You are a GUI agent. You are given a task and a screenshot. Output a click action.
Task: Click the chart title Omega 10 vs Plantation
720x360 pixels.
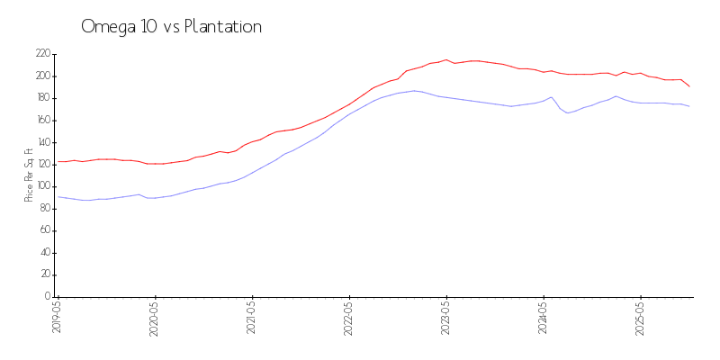(x=171, y=27)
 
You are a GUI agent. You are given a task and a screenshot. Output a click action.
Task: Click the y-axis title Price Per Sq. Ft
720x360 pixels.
(x=29, y=175)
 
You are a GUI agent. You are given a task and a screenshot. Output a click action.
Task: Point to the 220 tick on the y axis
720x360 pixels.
(x=42, y=54)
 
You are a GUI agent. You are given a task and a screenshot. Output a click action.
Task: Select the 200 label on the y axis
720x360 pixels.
(x=42, y=76)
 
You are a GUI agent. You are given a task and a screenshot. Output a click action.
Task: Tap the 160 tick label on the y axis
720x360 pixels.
(x=42, y=121)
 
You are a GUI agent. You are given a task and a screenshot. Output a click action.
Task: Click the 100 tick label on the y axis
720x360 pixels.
(x=42, y=186)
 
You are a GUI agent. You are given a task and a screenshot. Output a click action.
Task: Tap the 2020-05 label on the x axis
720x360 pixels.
(x=156, y=319)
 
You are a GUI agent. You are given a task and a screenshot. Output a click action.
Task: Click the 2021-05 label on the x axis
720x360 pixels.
(x=253, y=319)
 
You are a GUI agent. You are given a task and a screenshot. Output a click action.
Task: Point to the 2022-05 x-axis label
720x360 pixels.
(x=350, y=319)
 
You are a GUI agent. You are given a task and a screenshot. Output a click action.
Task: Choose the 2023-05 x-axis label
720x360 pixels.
(x=446, y=319)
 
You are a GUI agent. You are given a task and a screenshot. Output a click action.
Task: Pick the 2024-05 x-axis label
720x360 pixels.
(x=544, y=319)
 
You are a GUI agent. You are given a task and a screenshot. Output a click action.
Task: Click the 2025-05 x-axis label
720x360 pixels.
(x=641, y=319)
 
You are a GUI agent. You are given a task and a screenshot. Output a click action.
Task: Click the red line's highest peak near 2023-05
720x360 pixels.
(x=445, y=59)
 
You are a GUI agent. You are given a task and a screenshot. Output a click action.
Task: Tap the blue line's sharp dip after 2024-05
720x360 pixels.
(x=567, y=112)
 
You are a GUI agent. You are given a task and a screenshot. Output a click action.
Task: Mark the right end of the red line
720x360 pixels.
(x=689, y=86)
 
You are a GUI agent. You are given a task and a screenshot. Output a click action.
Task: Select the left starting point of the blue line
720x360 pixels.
(x=58, y=196)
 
